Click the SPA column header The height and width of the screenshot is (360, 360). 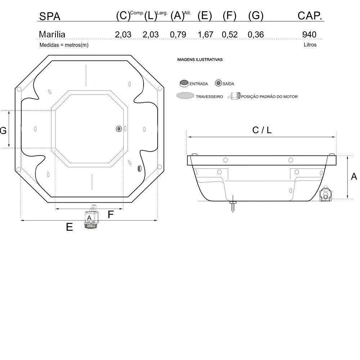click(x=50, y=16)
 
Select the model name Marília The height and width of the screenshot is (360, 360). click(x=52, y=35)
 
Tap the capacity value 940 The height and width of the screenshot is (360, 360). click(x=309, y=35)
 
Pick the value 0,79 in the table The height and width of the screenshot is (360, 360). click(x=178, y=35)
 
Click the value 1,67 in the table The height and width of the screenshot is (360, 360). click(x=206, y=35)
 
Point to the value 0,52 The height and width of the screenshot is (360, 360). click(x=230, y=35)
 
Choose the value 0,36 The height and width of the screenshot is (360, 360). click(x=256, y=35)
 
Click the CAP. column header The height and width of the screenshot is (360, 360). click(x=310, y=15)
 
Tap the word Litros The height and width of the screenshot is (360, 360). click(x=310, y=45)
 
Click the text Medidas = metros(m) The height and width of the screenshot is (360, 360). click(x=64, y=45)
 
